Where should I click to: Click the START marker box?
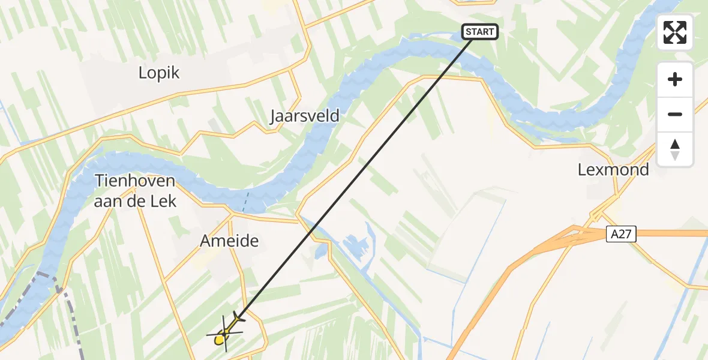[480, 32]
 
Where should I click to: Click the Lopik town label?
[159, 73]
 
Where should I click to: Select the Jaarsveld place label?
[304, 116]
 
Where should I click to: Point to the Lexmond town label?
[613, 170]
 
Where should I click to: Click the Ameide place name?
[229, 241]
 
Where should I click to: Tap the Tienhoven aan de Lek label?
[135, 191]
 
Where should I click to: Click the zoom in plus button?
[675, 80]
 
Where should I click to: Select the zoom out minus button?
[675, 114]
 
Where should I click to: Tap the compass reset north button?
[675, 149]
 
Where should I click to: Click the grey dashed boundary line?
[66, 312]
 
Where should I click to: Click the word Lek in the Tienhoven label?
[165, 201]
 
